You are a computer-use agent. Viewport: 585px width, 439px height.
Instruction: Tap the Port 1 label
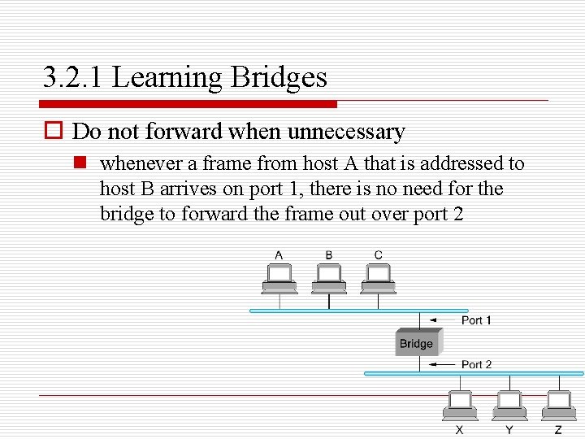pyautogui.click(x=476, y=320)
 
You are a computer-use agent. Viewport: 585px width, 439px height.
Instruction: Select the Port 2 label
pyautogui.click(x=476, y=364)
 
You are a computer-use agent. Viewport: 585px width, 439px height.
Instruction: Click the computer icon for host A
pyautogui.click(x=279, y=278)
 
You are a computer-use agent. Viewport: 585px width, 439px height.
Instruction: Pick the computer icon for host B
pyautogui.click(x=329, y=278)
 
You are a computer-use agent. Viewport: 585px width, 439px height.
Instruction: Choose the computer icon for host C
pyautogui.click(x=379, y=278)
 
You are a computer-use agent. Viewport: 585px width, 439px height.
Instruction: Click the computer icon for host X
pyautogui.click(x=460, y=405)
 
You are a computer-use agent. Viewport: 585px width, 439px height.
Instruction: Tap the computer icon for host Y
pyautogui.click(x=509, y=405)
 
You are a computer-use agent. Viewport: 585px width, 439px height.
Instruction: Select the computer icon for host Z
pyautogui.click(x=559, y=405)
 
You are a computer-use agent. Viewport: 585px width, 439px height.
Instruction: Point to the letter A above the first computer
pyautogui.click(x=279, y=255)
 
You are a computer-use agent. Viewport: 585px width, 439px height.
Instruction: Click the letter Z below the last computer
pyautogui.click(x=558, y=429)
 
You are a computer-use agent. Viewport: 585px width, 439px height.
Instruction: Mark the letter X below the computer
pyautogui.click(x=460, y=429)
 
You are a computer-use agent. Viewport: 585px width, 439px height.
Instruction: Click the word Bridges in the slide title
pyautogui.click(x=279, y=78)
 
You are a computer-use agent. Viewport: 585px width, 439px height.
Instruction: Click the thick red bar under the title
pyautogui.click(x=190, y=104)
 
